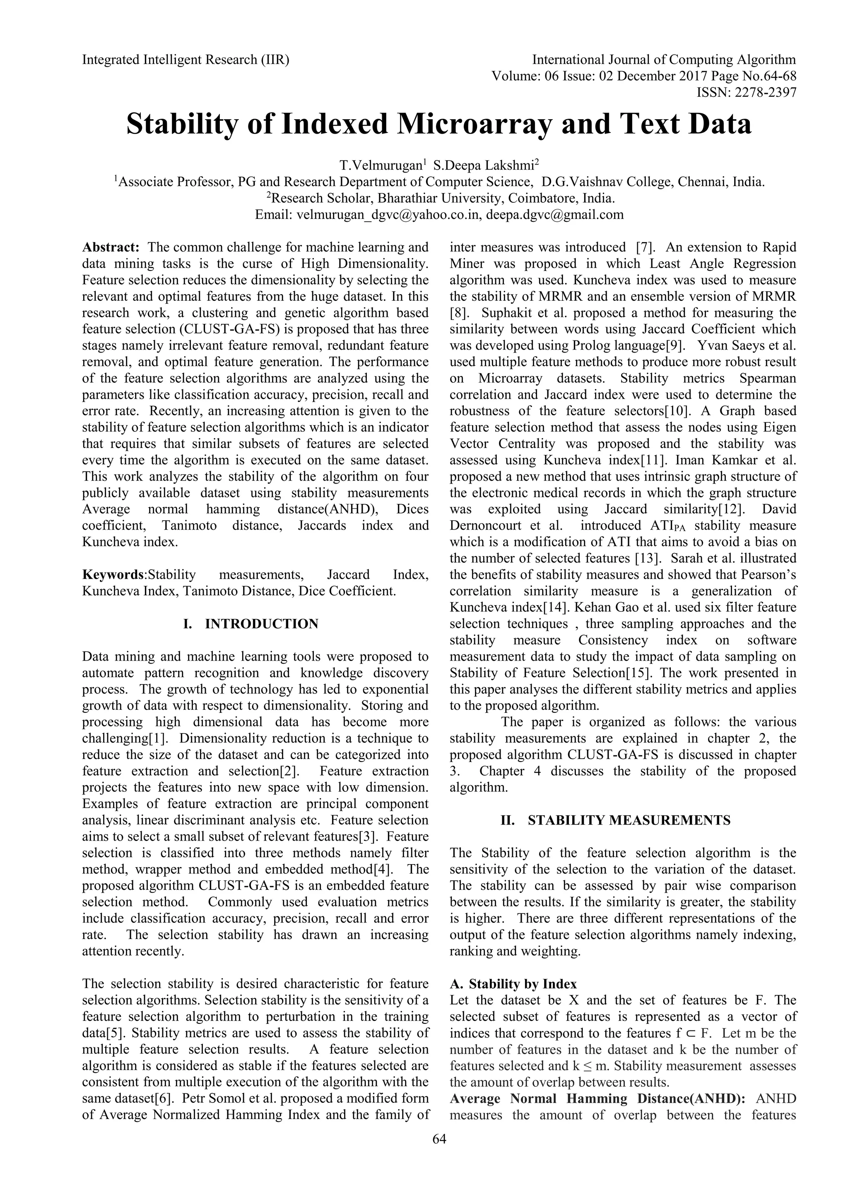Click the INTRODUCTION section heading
[x=262, y=624]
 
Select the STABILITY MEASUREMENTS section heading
[x=629, y=820]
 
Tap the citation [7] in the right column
[x=642, y=247]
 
